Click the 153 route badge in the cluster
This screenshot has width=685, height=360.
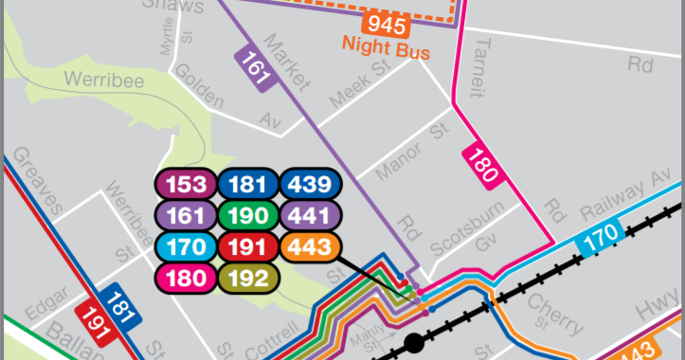186,184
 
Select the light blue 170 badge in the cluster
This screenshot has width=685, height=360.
186,246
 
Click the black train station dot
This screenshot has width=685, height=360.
413,344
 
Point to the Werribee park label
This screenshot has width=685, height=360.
104,81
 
